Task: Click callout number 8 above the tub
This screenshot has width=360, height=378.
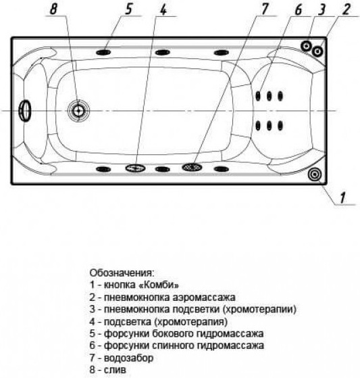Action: tap(53, 9)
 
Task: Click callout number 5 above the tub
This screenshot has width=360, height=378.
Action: tap(129, 9)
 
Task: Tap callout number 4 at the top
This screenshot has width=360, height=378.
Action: tap(163, 9)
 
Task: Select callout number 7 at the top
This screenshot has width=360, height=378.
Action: tap(264, 9)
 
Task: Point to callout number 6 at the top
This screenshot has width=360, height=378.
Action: tap(298, 9)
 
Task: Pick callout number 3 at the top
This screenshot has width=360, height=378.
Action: tap(322, 9)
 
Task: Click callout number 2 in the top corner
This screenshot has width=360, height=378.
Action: tap(346, 9)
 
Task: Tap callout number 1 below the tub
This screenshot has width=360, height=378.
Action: tap(342, 197)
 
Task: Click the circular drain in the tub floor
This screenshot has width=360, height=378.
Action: tap(78, 111)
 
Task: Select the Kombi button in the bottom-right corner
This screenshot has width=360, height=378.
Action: tap(315, 174)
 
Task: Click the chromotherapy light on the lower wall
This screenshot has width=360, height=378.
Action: tap(135, 168)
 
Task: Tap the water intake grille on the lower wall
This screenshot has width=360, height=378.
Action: tap(192, 167)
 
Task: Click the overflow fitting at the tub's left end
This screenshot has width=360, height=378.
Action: tap(25, 111)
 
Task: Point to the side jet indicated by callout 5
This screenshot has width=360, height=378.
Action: tap(103, 52)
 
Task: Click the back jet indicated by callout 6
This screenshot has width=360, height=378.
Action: tap(258, 96)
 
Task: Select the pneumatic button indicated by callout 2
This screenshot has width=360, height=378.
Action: tap(317, 51)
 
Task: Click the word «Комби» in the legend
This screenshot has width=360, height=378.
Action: tap(159, 285)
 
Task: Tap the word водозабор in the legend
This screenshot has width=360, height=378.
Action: tap(128, 358)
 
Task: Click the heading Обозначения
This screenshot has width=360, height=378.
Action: tap(122, 273)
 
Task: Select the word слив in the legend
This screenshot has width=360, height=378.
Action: tap(115, 370)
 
